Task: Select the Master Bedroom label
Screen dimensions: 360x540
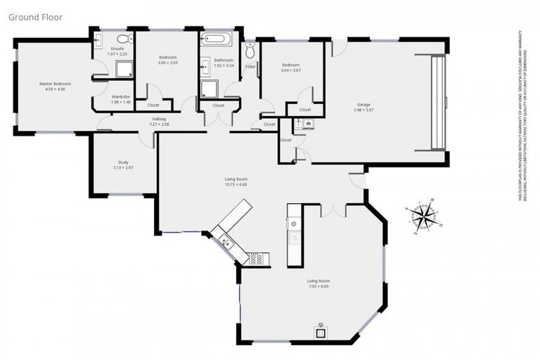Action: (55, 84)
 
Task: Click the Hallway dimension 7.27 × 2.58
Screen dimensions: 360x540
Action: (159, 124)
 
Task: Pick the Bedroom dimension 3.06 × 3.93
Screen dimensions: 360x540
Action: (167, 62)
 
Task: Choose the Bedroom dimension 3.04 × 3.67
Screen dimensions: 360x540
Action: (291, 70)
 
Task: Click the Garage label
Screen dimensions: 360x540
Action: (363, 105)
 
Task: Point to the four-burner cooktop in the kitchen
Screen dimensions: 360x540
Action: (255, 258)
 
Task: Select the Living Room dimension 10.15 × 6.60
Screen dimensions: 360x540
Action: (236, 185)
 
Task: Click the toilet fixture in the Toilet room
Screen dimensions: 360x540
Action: (249, 51)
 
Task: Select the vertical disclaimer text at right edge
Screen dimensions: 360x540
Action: (524, 116)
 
